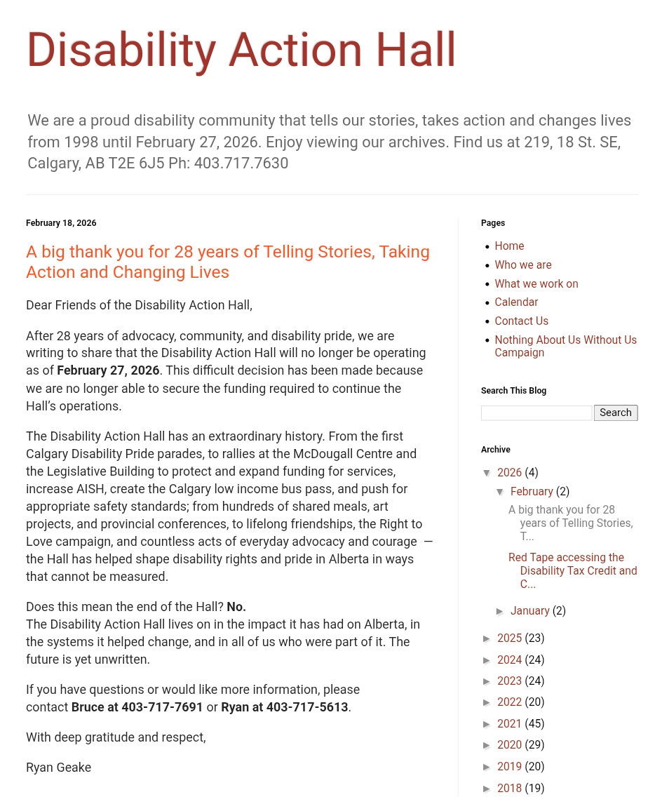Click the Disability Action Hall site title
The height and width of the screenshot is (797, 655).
(241, 50)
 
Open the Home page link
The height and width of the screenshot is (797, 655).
(509, 246)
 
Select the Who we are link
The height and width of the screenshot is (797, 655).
(523, 265)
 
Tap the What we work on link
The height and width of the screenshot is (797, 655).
(536, 284)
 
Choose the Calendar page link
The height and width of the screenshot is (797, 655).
(516, 302)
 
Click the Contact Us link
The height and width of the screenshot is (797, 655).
(521, 321)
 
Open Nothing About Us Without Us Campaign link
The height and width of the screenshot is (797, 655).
(565, 346)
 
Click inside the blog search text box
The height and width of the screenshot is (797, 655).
(536, 413)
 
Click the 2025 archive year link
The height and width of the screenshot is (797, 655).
(509, 638)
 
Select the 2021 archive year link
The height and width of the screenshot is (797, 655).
(509, 724)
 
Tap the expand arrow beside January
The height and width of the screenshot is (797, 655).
(500, 612)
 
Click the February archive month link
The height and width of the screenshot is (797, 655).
(532, 492)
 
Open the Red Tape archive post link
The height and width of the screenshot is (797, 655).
(572, 570)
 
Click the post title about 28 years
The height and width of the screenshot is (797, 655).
(228, 262)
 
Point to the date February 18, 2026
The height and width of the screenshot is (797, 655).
(61, 223)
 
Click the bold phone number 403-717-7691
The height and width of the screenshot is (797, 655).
(162, 707)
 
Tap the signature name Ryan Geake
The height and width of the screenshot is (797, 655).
(58, 768)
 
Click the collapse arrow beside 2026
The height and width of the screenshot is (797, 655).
(487, 474)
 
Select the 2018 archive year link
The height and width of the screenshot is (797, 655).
(509, 789)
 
